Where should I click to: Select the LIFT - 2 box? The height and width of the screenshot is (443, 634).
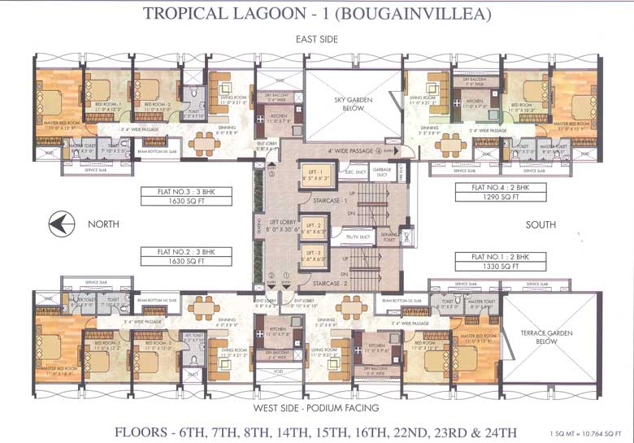click(x=313, y=228)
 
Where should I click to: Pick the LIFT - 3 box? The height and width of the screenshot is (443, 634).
click(x=313, y=258)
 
